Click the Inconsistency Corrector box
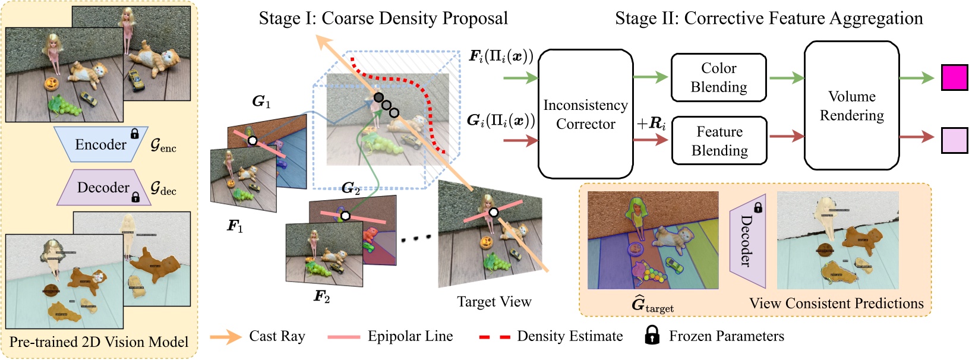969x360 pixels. [x=585, y=114]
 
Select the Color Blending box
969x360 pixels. [x=718, y=78]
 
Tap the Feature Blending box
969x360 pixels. [x=719, y=141]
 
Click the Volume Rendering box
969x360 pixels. [x=851, y=106]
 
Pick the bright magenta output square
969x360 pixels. [x=954, y=78]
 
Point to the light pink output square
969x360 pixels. [x=954, y=141]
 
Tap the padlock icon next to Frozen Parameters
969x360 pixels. [x=652, y=336]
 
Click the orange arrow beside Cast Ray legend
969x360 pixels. [x=225, y=337]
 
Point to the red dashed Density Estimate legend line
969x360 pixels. [x=494, y=337]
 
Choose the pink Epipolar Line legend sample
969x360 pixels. [x=343, y=337]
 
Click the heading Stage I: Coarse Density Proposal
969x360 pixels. [x=383, y=18]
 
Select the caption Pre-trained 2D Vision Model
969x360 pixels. [x=99, y=342]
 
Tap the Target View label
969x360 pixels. [x=494, y=302]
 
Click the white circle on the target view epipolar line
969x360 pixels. [x=493, y=213]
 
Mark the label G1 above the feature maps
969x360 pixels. [x=261, y=102]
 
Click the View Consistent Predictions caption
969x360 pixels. [x=836, y=304]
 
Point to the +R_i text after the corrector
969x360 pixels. [x=651, y=124]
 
